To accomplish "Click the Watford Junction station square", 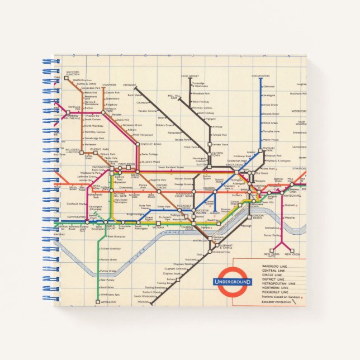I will click(x=67, y=80).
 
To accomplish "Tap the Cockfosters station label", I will click(x=260, y=75).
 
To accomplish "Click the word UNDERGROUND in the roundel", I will click(x=233, y=282).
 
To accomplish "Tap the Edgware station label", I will click(x=130, y=86).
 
